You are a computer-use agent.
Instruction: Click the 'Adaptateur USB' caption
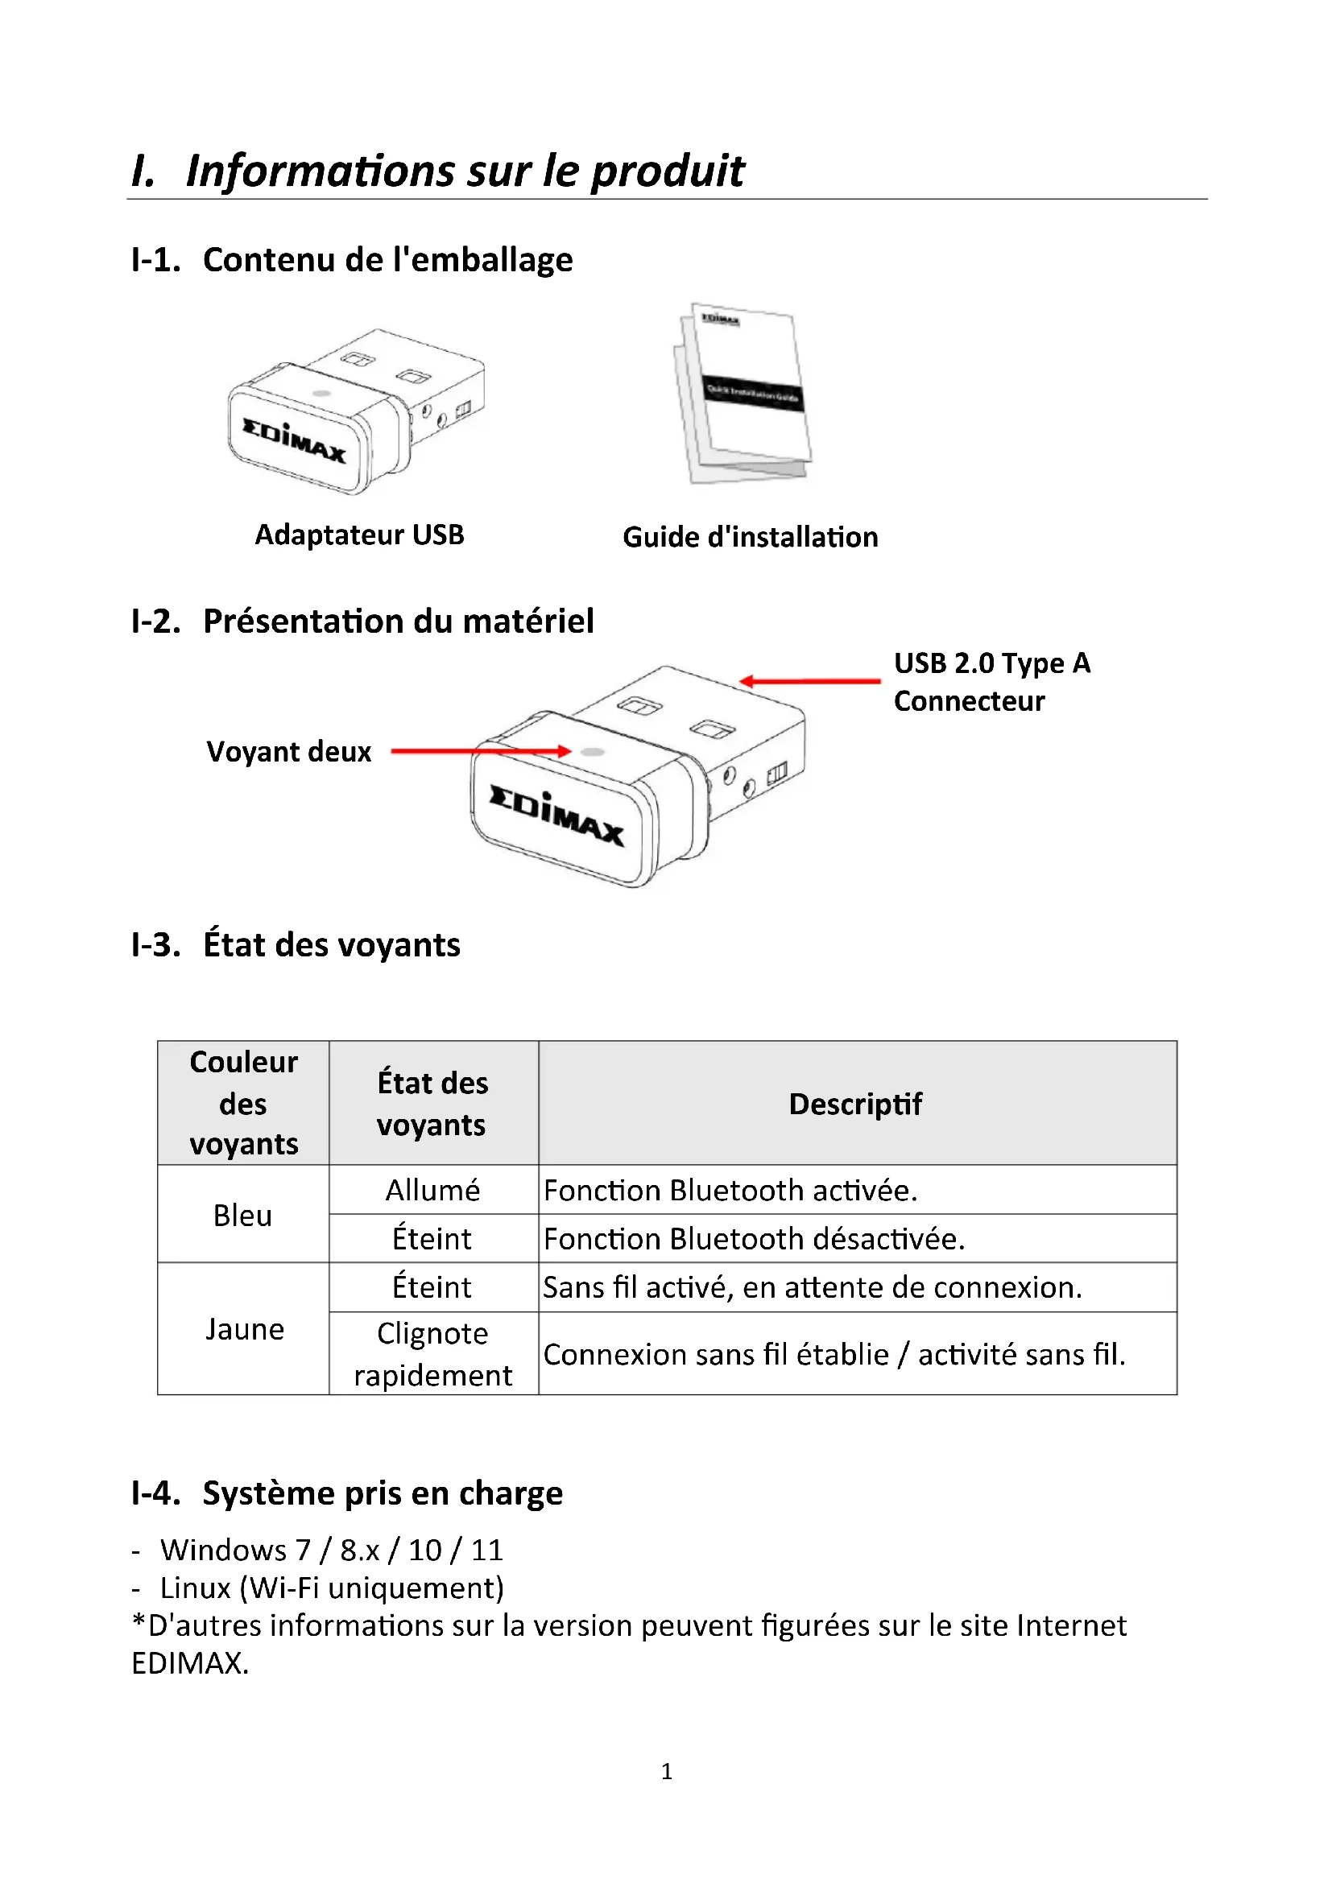point(359,535)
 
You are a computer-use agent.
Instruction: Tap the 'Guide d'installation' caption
point(750,537)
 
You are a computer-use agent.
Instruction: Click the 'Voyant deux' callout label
point(289,751)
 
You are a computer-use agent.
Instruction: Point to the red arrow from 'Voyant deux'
point(480,750)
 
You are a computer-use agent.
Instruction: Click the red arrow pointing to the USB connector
point(810,681)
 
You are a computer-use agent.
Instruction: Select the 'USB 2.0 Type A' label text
point(991,663)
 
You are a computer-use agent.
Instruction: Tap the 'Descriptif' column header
point(855,1104)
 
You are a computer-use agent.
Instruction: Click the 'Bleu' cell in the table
point(242,1216)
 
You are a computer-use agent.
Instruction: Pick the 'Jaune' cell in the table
point(245,1328)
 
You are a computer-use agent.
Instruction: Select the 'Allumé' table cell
point(433,1190)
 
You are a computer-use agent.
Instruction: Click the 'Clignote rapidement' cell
point(433,1354)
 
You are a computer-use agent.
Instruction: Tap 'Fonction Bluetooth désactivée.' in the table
point(754,1238)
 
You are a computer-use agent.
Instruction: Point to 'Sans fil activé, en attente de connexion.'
point(812,1287)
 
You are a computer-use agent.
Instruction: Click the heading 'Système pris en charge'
point(383,1493)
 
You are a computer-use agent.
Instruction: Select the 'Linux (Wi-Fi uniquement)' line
point(331,1588)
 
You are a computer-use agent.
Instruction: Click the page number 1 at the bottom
point(667,1771)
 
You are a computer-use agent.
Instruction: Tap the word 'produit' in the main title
point(668,171)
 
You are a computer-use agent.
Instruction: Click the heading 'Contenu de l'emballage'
point(387,259)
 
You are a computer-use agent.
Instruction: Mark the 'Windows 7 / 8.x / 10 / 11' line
point(331,1550)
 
